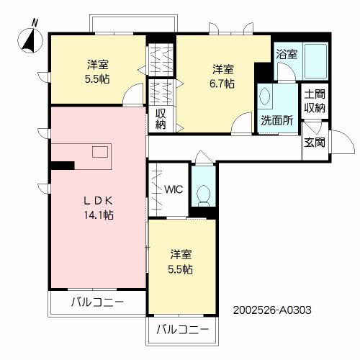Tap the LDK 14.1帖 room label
pos(98,207)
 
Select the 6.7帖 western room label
pos(222,76)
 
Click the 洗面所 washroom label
pos(276,121)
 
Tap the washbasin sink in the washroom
pos(266,97)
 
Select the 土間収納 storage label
pos(314,101)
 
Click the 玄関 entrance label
pos(314,142)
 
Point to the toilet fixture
pos(203,193)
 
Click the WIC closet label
pos(174,191)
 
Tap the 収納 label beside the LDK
pos(160,119)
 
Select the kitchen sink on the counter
pos(100,152)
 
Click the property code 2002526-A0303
pos(272,312)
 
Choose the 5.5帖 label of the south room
pos(181,262)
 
